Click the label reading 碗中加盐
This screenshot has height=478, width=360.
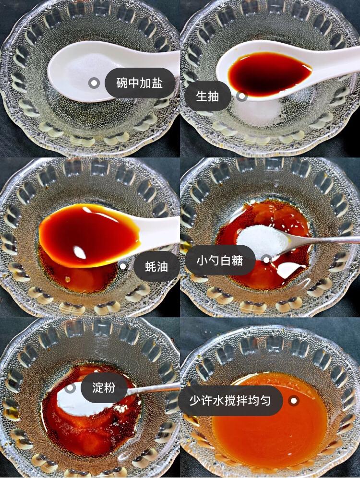pos(140,83)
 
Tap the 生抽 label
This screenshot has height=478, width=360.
pos(207,96)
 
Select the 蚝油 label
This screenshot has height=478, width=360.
pos(156,266)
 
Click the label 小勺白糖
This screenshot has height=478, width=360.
pos(220,260)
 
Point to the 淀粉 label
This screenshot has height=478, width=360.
pos(104,387)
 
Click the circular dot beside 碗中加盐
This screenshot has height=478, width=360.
pos(94,83)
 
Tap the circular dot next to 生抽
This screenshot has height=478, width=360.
pos(242,96)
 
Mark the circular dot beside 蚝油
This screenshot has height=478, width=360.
pos(123,266)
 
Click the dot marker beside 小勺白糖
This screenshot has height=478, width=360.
pos(266,260)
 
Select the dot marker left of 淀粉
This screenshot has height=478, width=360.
pos(71,387)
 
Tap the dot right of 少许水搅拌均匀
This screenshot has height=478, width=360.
pos(294,400)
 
